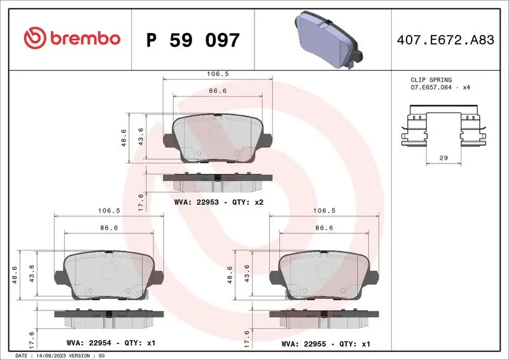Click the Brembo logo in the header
coord(71,39)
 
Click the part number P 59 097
coord(193,40)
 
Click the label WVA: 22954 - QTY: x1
coord(111,343)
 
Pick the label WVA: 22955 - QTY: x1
coord(326,343)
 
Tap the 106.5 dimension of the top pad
coord(218,74)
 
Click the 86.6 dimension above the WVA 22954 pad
coord(111,227)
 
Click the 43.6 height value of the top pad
coord(141,137)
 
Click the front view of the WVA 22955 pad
coord(326,275)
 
